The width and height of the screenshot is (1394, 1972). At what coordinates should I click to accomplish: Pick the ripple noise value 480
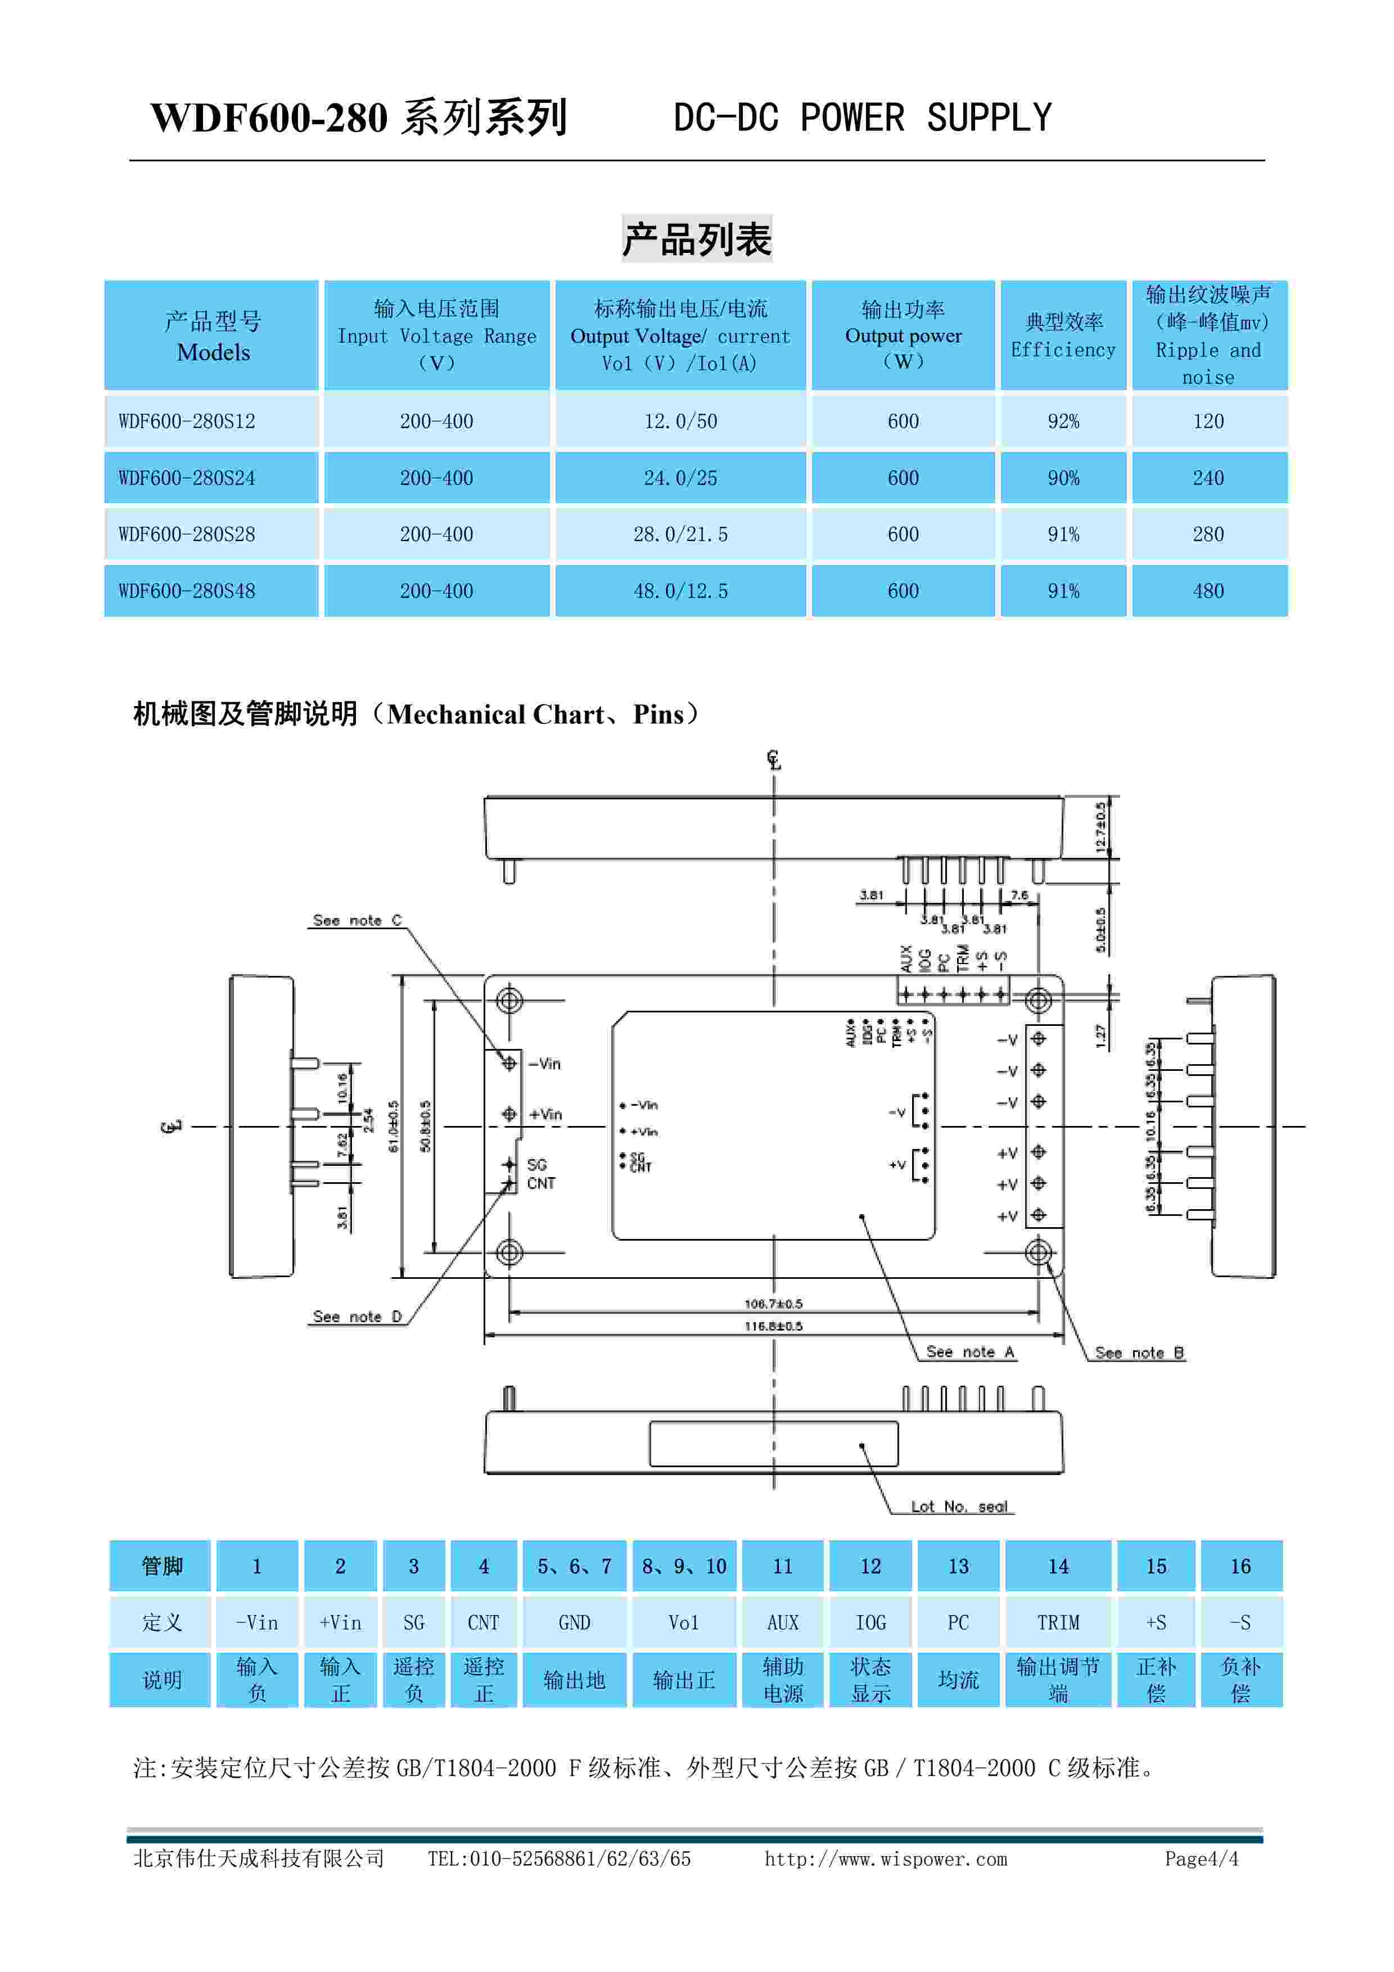1208,591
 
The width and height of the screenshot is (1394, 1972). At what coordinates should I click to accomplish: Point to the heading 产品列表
697,239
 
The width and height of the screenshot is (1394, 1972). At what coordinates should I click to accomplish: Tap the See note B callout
1139,1353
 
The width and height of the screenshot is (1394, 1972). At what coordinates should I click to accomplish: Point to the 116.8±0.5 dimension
773,1326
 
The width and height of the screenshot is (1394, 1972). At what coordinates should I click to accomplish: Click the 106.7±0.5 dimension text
773,1304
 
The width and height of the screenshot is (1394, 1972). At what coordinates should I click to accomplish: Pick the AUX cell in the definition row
782,1622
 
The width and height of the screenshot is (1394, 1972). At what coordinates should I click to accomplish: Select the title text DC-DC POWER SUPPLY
863,117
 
